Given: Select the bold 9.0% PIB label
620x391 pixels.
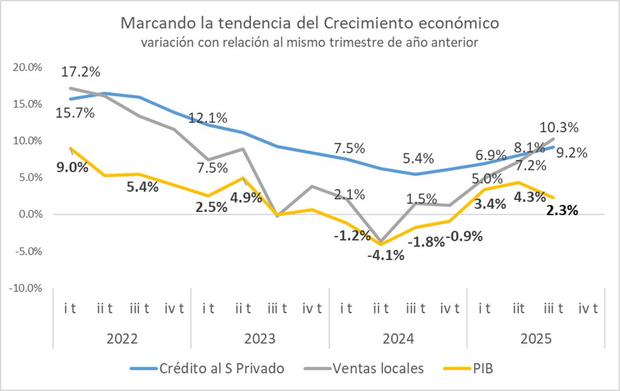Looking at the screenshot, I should (x=71, y=167).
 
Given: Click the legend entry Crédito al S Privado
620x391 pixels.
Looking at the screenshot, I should (x=220, y=368).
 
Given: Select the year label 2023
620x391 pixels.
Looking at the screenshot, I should (x=260, y=339).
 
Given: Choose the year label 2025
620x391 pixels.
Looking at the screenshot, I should (x=535, y=339).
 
